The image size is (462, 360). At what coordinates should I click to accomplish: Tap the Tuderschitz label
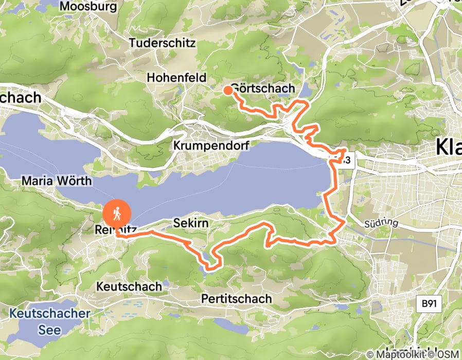click(x=162, y=43)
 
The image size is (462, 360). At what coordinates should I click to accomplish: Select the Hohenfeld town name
click(x=176, y=78)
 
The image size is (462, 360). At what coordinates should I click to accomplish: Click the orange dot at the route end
click(x=227, y=91)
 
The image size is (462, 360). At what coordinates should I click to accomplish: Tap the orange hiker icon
click(x=117, y=212)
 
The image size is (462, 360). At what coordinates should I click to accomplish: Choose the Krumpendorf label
click(x=211, y=146)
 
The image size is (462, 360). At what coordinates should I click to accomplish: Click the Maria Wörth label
click(x=57, y=181)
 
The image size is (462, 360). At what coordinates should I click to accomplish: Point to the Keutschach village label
click(x=130, y=286)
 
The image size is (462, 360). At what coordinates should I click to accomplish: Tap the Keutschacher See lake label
click(x=49, y=321)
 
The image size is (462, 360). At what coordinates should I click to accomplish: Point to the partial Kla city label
click(x=449, y=147)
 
